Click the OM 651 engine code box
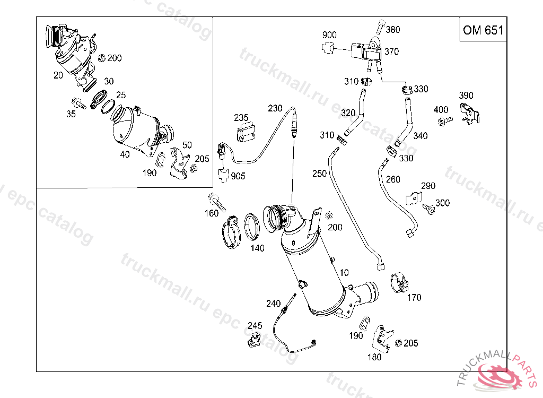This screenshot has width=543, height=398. coord(483,30)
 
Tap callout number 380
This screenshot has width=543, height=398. coord(393,30)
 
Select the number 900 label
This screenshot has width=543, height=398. coord(329,36)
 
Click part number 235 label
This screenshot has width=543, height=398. coord(241,117)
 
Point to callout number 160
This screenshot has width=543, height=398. coord(212,213)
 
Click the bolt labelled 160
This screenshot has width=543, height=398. coord(217,202)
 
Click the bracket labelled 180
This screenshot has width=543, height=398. coord(383,339)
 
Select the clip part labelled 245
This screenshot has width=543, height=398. coord(255,339)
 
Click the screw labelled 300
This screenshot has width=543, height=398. coord(430,210)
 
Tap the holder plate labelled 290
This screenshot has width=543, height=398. coord(413,197)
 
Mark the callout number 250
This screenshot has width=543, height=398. coord(319,174)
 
